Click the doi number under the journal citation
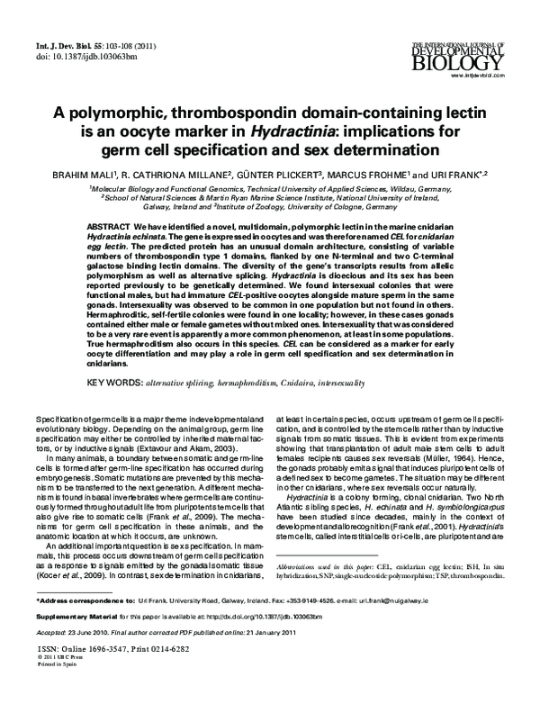pyautogui.click(x=76, y=57)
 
